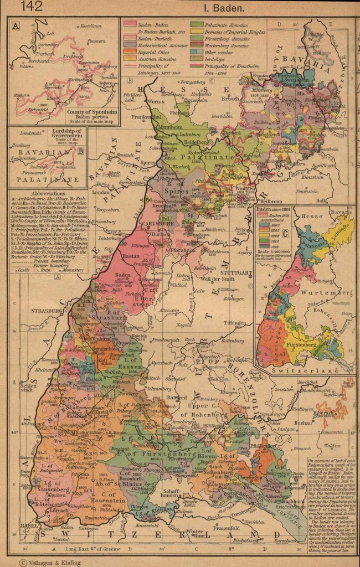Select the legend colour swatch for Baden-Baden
pyautogui.click(x=130, y=24)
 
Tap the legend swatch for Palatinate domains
pyautogui.click(x=197, y=24)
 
